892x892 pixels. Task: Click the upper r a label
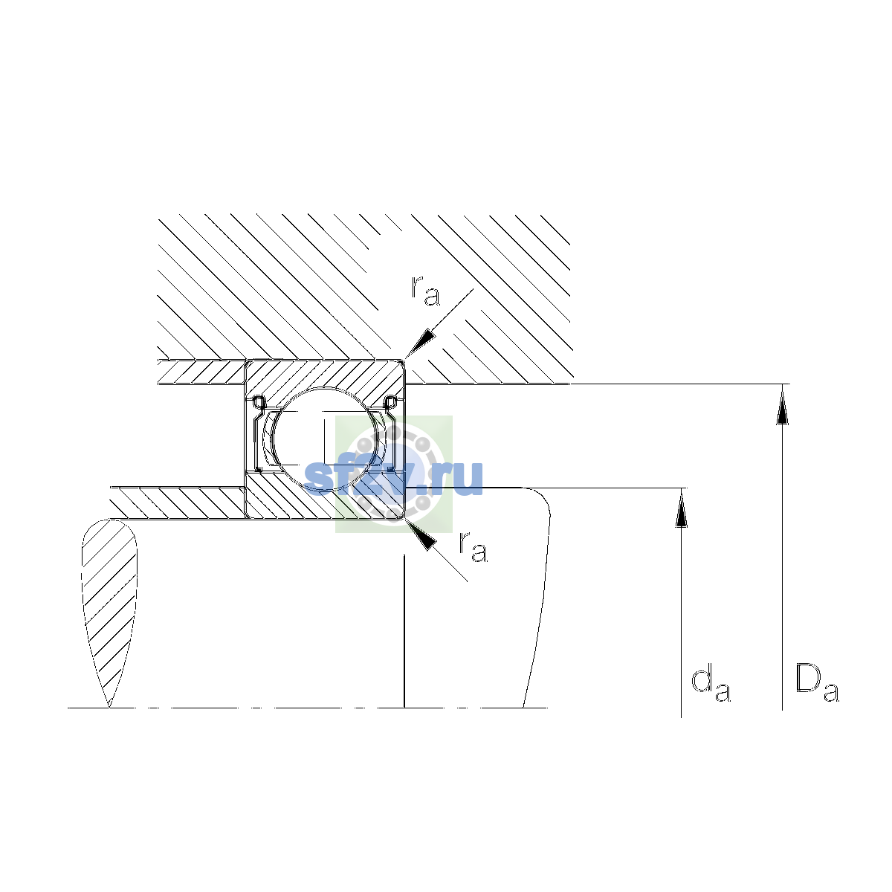coord(425,290)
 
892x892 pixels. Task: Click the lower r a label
coord(473,547)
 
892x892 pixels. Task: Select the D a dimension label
coord(817,684)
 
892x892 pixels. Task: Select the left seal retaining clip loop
coord(258,402)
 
